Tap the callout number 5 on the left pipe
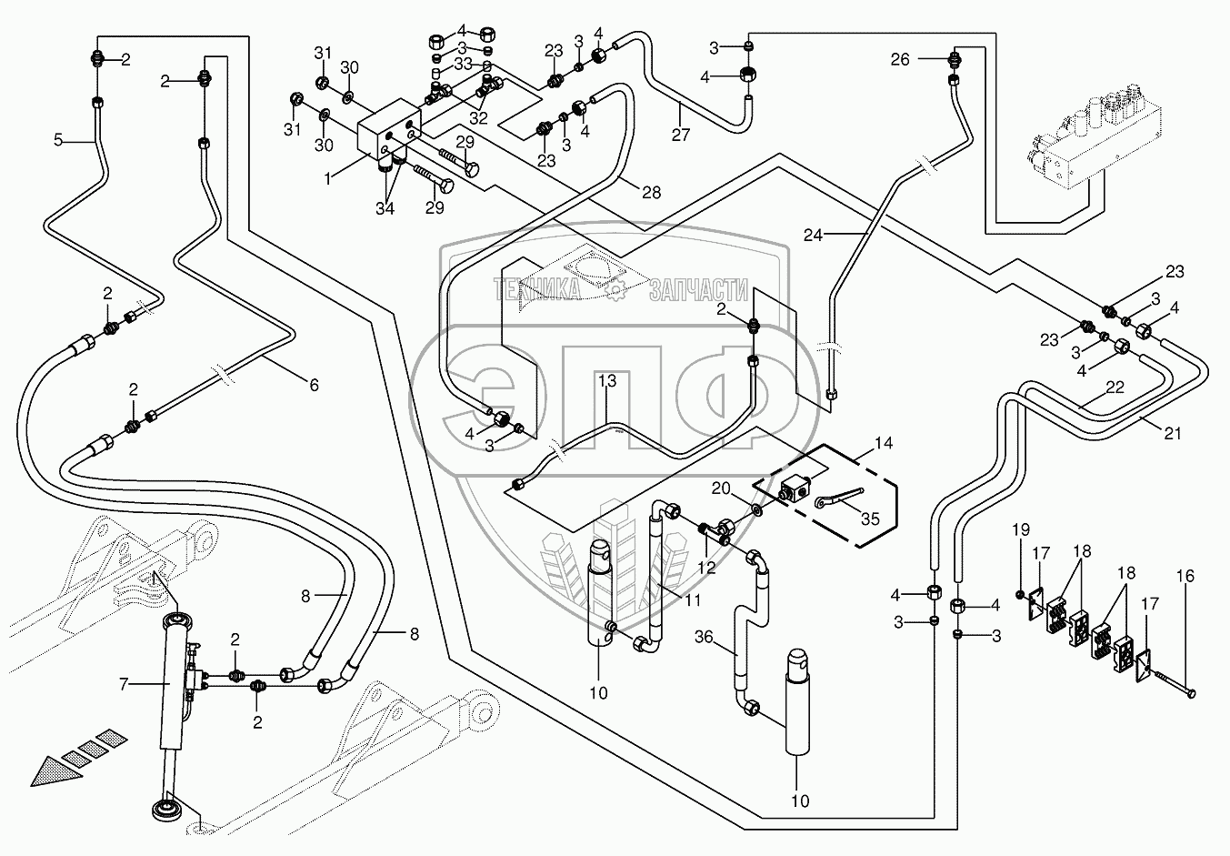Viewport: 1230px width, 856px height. click(x=58, y=140)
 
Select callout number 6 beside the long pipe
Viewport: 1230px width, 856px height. click(x=314, y=386)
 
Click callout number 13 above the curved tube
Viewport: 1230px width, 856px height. click(x=607, y=380)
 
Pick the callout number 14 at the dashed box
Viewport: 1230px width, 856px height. click(x=883, y=444)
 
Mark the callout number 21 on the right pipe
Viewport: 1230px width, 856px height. click(x=1173, y=434)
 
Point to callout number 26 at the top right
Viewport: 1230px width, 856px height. click(x=899, y=60)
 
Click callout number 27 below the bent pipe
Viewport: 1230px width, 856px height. click(x=681, y=136)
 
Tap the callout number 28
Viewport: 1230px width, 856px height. click(x=650, y=192)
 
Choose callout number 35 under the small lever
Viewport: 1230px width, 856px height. click(x=870, y=519)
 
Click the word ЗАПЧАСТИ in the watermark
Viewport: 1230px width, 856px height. click(x=697, y=290)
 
